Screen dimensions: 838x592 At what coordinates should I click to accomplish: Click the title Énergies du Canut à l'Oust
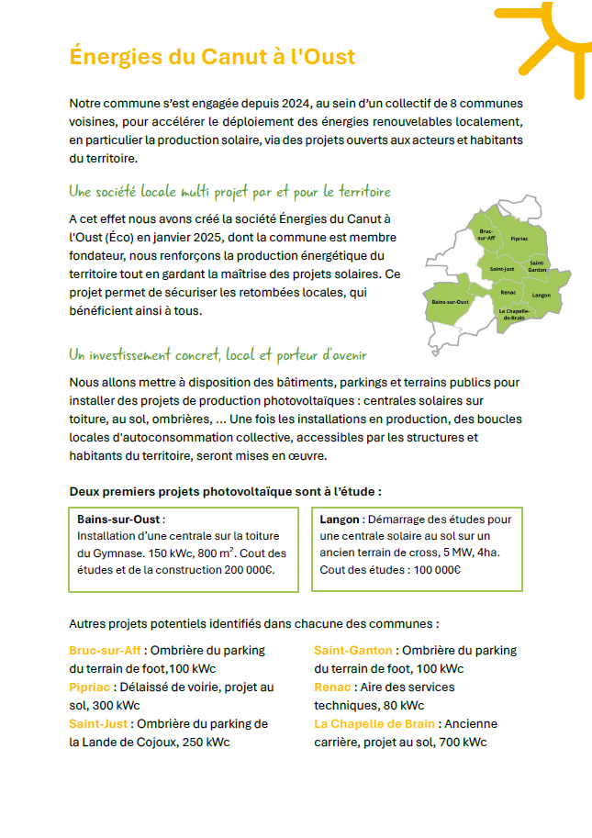212,57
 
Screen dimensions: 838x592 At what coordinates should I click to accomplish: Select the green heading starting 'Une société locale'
229,192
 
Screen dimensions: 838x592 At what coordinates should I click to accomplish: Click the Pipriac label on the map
519,238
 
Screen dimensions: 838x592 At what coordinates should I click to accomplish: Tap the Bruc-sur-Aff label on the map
486,235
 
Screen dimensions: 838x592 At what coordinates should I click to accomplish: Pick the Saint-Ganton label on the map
538,266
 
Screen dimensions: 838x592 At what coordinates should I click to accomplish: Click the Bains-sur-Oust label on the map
451,302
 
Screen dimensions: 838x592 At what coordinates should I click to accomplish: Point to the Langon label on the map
541,296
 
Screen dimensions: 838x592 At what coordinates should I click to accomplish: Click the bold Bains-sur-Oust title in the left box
118,520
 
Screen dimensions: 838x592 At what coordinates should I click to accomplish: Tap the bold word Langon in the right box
340,520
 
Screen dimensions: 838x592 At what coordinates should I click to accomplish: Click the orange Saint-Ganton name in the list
353,651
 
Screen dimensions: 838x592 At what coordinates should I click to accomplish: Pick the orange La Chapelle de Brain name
374,724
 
